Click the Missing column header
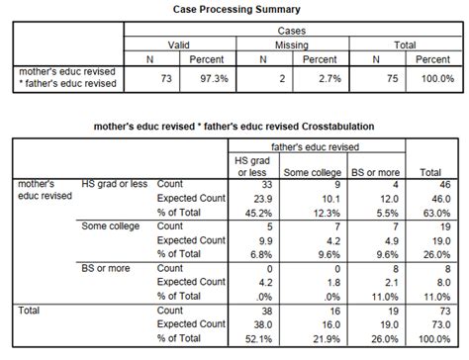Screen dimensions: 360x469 (291, 45)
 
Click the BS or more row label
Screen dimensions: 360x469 (103, 267)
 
